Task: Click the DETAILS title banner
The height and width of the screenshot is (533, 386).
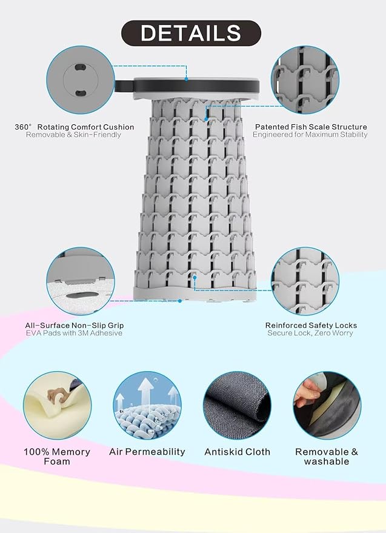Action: click(191, 33)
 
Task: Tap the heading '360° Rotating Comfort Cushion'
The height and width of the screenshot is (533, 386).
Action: click(75, 127)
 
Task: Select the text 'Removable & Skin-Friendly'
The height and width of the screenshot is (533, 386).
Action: click(73, 135)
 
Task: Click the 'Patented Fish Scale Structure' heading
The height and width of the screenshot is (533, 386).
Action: click(311, 127)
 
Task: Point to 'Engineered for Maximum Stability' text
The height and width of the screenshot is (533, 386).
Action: click(310, 135)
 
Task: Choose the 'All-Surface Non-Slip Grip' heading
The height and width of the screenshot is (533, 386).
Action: click(75, 325)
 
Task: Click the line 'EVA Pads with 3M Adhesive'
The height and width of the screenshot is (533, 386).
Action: click(74, 333)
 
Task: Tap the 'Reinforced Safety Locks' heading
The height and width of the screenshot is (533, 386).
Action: click(311, 325)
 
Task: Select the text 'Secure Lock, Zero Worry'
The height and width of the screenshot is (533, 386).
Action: click(310, 333)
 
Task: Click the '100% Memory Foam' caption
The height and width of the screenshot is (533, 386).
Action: click(57, 457)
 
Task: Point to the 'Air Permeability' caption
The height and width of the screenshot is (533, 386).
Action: click(147, 452)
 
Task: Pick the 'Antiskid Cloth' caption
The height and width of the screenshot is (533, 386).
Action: click(237, 452)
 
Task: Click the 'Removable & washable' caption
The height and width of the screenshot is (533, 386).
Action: click(327, 457)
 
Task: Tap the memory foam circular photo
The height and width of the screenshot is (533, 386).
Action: click(57, 405)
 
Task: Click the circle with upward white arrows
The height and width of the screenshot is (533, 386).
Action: click(147, 405)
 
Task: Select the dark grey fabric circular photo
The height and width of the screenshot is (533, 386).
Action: click(237, 405)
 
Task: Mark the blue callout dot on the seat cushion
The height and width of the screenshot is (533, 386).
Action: click(186, 79)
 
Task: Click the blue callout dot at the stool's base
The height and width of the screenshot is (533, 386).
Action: click(180, 301)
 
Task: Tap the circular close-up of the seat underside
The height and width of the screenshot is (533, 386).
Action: click(81, 80)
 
